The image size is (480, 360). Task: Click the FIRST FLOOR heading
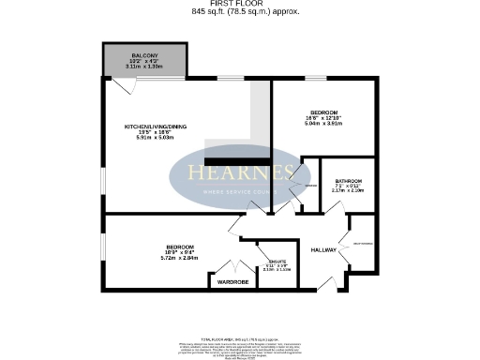[239, 4]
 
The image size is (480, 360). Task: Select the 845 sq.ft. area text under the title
[239, 12]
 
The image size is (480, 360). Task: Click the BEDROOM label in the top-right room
[324, 111]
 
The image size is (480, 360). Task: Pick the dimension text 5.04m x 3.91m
[324, 122]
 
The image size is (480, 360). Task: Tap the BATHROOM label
[348, 180]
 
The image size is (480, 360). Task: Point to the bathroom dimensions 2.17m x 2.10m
[348, 190]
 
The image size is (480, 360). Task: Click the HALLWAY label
[323, 249]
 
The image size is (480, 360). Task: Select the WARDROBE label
[232, 281]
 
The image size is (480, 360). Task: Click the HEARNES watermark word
[240, 174]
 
